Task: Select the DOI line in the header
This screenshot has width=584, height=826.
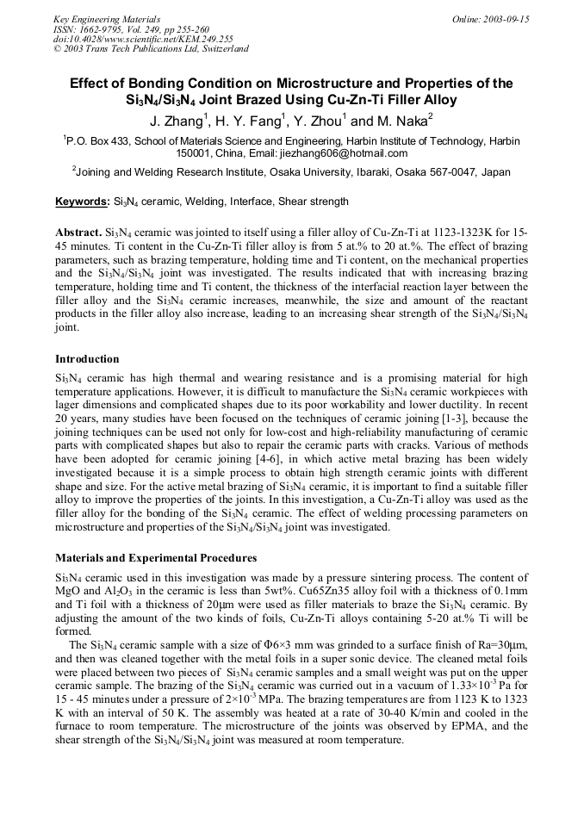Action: pos(143,39)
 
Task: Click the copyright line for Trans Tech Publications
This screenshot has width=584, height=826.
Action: pos(151,49)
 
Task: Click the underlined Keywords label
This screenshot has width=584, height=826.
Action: pos(82,202)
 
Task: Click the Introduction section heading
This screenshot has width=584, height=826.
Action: pos(87,358)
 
